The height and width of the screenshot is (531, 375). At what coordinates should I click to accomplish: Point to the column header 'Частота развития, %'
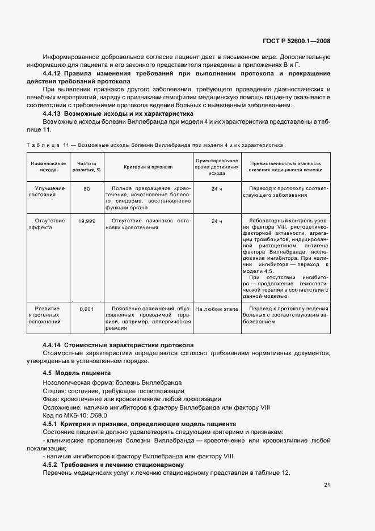(87, 166)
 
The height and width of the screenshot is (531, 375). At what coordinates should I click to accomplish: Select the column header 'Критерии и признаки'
(148, 166)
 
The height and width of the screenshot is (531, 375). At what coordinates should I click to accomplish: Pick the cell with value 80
(87, 188)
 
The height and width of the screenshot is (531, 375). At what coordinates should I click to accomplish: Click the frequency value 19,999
(87, 221)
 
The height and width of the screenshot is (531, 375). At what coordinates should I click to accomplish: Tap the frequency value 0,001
(87, 309)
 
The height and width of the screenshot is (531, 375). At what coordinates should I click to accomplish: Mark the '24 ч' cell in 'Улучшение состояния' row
(217, 188)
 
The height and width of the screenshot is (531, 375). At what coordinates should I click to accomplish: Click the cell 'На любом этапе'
(217, 309)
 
